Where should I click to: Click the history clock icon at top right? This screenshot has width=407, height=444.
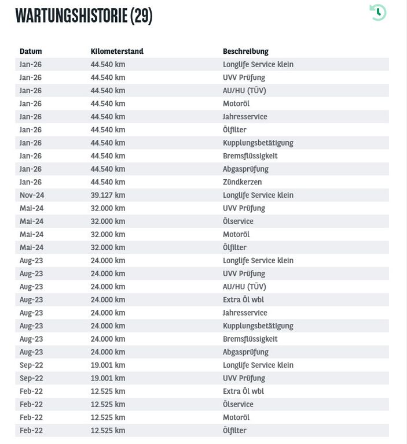378,12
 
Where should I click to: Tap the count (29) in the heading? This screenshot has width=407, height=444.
141,16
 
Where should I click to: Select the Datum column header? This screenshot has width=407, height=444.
31,51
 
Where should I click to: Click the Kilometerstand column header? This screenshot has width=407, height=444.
117,51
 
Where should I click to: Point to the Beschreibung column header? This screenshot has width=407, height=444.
245,51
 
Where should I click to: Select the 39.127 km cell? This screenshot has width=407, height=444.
108,195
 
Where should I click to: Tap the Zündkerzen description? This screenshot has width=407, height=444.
242,182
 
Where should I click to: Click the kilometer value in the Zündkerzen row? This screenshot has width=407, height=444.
108,182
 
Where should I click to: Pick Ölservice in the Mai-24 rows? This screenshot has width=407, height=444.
238,221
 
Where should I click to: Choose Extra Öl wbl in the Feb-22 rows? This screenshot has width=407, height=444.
243,391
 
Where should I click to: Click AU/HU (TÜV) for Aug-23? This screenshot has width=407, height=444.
244,287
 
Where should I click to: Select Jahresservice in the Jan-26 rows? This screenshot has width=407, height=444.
245,117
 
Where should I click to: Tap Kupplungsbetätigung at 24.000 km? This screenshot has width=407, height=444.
258,326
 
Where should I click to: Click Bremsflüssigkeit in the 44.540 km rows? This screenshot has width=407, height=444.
250,156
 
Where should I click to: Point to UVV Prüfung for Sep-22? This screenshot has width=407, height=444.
244,378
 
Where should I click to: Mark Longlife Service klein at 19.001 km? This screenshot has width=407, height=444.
258,365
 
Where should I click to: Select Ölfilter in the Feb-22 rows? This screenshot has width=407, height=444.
234,431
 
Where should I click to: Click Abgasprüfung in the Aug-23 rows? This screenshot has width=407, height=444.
245,352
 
